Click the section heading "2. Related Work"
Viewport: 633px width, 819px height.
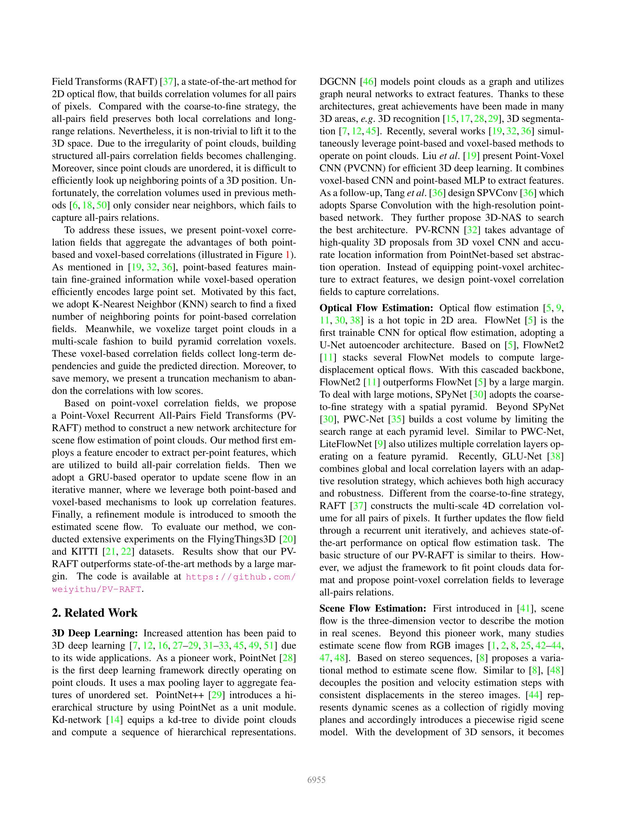pos(95,612)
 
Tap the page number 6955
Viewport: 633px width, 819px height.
pos(316,780)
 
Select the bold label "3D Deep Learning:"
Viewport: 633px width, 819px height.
pos(95,633)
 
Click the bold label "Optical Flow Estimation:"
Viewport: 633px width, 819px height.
pos(376,308)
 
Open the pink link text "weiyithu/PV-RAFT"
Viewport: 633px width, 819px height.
pos(97,589)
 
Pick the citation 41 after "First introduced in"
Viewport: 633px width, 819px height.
pos(524,608)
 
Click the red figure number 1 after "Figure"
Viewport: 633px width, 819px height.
pos(288,255)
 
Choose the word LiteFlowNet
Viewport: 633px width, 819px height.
pos(345,444)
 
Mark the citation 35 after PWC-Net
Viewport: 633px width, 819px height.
pos(395,419)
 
